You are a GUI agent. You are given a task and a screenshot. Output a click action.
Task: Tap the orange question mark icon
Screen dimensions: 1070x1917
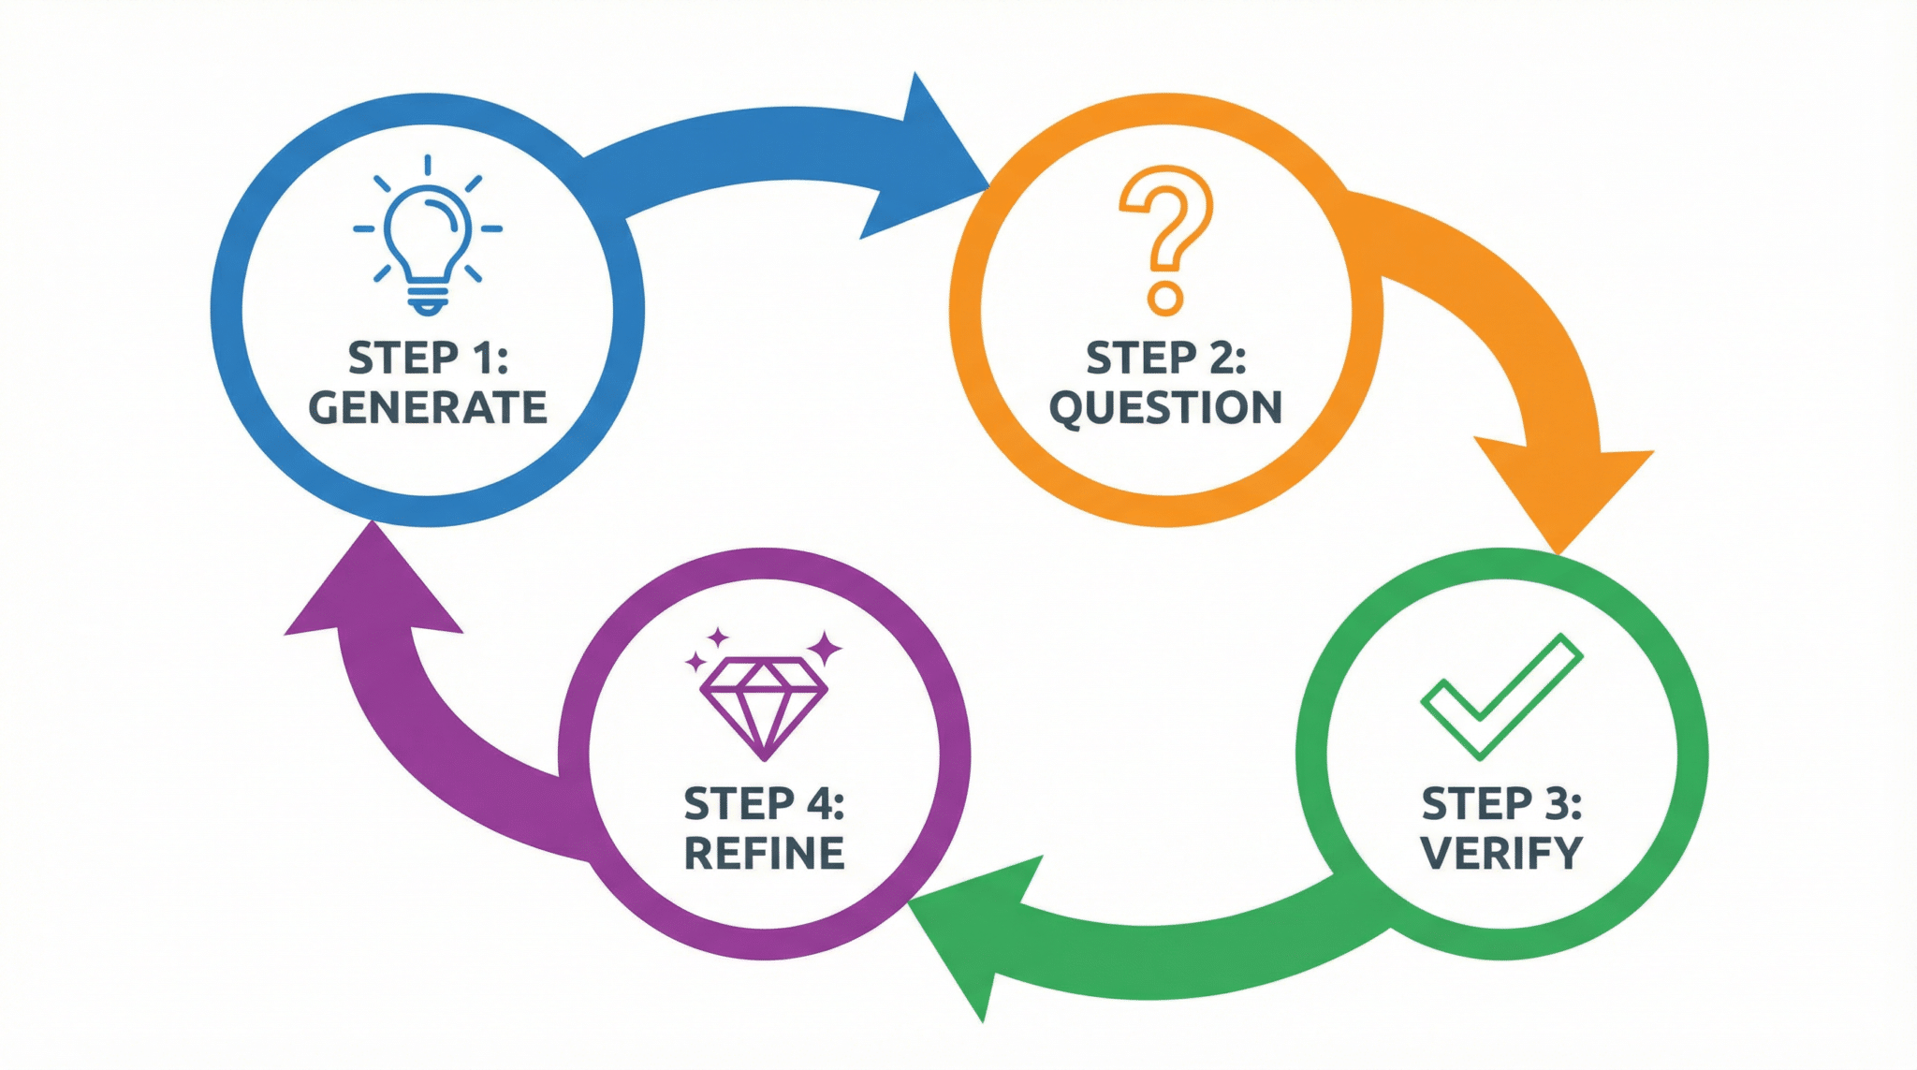tap(1166, 240)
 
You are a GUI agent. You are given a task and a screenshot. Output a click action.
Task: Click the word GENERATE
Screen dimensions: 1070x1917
tap(428, 408)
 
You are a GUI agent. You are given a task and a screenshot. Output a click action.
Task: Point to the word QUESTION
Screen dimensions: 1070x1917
tap(1165, 408)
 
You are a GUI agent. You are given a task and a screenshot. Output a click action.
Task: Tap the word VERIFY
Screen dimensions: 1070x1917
tap(1501, 853)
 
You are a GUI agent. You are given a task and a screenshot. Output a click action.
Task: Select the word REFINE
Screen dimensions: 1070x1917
tap(764, 853)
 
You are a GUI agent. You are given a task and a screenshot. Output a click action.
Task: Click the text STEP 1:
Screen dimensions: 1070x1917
tap(428, 358)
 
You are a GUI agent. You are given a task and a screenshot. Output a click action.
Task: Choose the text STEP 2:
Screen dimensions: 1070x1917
tap(1165, 358)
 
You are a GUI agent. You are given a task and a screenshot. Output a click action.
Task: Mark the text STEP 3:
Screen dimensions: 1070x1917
tap(1501, 803)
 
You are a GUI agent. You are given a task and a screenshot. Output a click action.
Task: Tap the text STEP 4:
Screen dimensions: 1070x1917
tap(764, 803)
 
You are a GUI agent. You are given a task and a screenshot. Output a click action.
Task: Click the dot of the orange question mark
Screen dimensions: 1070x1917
tap(1165, 299)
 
